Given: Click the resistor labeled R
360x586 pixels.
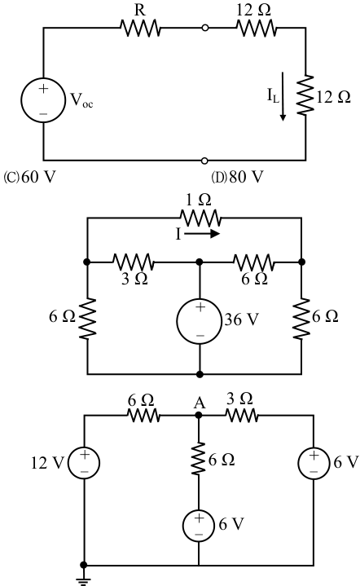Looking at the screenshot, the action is (140, 28).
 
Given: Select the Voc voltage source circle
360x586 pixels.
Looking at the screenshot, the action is (43, 100).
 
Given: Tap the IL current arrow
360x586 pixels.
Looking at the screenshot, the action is (283, 96).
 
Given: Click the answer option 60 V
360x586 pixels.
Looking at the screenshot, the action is (29, 177).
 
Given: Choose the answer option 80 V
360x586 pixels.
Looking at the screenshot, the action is (238, 177).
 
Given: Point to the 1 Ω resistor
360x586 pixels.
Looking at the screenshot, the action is (200, 218).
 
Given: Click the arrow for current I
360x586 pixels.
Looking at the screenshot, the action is (202, 234).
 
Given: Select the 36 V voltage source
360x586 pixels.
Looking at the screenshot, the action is (200, 321).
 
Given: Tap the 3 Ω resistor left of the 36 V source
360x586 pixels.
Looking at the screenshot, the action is (133, 262).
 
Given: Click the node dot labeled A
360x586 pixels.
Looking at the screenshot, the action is (199, 415).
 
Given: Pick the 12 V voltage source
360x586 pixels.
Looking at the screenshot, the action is (84, 463).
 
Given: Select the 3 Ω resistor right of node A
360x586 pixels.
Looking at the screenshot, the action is (241, 415).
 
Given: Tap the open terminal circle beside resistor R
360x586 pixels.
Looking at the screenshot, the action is (204, 28).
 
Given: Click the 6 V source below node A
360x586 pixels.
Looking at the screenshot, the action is (199, 526).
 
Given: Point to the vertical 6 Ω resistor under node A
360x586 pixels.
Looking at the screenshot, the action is (199, 459).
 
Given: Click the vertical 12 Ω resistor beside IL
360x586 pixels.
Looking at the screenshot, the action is (305, 95).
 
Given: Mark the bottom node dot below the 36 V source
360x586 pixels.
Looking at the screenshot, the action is (200, 374).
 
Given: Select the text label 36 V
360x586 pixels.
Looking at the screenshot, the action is (241, 319).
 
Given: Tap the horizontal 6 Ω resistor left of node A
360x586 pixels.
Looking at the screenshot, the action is (144, 415).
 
